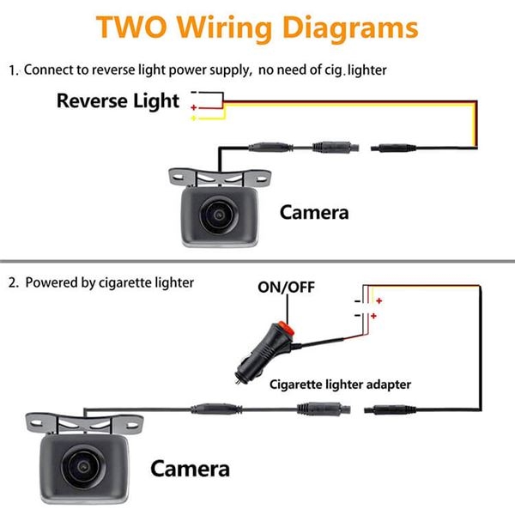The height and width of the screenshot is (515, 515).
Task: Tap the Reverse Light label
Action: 118,100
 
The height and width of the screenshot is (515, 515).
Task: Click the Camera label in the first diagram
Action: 314,211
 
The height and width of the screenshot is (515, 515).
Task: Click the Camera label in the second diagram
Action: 190,469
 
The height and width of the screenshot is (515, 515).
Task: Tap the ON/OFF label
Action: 287,287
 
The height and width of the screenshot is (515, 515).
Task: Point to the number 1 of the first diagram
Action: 13,70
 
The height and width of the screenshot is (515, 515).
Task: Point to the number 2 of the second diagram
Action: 13,282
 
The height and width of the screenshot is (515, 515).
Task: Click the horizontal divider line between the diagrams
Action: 257,262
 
